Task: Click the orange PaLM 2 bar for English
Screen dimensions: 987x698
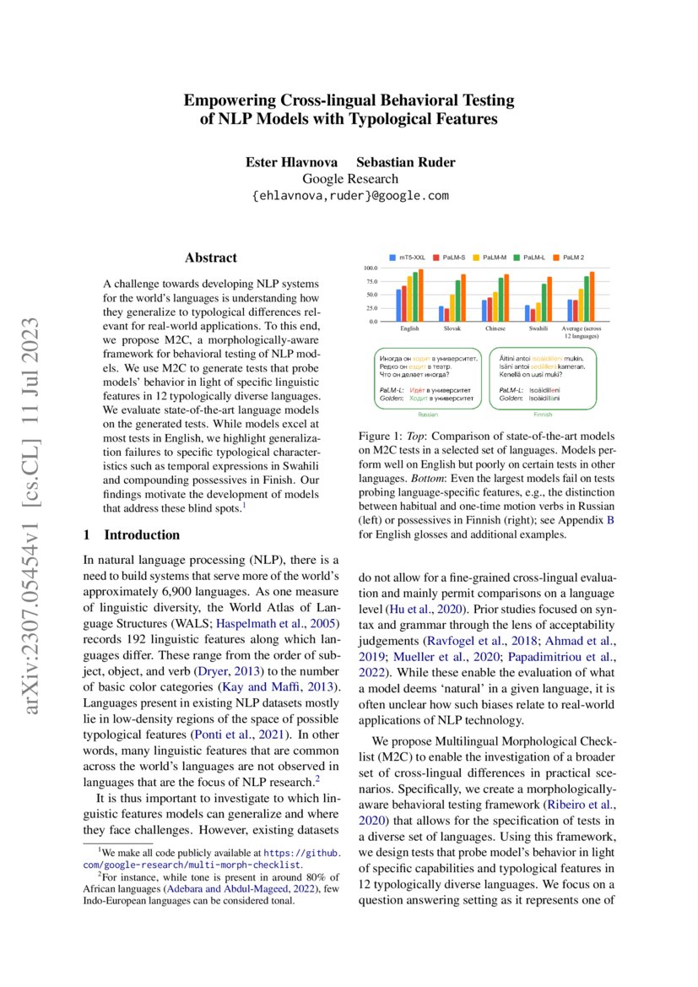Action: click(x=421, y=296)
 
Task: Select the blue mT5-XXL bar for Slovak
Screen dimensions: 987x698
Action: click(x=441, y=313)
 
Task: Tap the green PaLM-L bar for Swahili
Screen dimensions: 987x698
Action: click(x=544, y=302)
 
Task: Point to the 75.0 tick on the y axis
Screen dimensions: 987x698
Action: click(x=370, y=281)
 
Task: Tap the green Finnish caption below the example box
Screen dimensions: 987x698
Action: click(x=541, y=415)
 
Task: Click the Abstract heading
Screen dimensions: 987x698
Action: click(x=211, y=258)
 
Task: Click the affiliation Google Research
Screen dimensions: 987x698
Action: click(x=349, y=178)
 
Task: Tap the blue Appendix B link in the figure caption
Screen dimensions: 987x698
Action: click(x=610, y=520)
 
